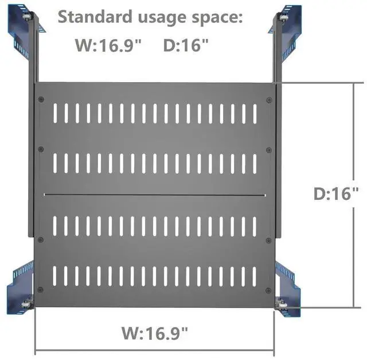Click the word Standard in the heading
[95, 17]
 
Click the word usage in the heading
[162, 19]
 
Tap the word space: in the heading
[217, 19]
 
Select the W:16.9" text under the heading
[108, 45]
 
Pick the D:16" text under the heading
[186, 45]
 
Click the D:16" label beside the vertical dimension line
[336, 193]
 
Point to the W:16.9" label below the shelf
[154, 333]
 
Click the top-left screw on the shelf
[41, 99]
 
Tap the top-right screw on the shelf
[269, 100]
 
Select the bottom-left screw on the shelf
[40, 290]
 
